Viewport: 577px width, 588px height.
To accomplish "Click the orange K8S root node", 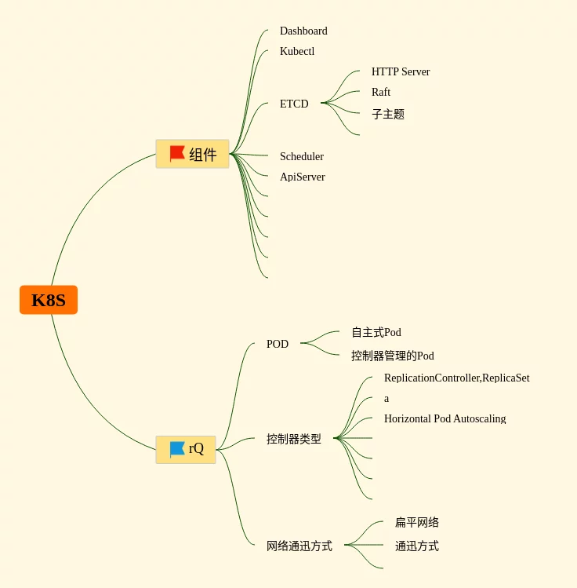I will [49, 300].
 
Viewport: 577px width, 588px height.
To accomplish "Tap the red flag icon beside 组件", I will [177, 154].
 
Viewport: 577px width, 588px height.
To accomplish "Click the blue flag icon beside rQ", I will [177, 449].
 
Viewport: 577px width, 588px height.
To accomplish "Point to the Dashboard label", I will [303, 31].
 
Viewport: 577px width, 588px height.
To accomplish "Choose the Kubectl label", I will [297, 52].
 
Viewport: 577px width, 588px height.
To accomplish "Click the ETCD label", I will [294, 104].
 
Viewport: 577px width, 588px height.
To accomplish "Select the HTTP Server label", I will [401, 72].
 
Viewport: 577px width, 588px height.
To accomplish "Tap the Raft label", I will [381, 93].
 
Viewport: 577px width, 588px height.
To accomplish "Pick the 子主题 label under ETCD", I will [388, 115].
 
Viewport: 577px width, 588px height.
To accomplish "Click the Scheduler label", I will [302, 157].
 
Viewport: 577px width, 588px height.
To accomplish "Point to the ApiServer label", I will [303, 177].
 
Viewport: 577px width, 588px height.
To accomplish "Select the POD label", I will [278, 344].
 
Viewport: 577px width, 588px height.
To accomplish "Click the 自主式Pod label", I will [376, 333].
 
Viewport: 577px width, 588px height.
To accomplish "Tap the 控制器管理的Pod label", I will [393, 356].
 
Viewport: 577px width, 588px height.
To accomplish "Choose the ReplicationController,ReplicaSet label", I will [456, 378].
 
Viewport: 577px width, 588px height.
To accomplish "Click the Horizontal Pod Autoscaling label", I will [445, 419].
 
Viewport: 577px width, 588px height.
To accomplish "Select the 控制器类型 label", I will [294, 440].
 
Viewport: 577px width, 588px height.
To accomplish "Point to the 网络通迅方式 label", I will [299, 546].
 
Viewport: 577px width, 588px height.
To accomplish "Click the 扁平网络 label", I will [417, 523].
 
